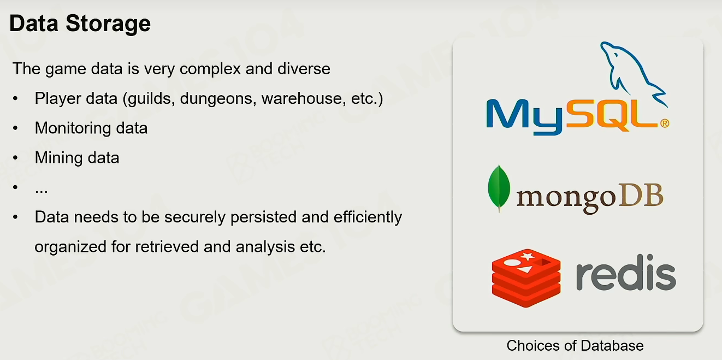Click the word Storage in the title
(x=108, y=24)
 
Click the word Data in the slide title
(x=34, y=23)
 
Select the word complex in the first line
(x=210, y=69)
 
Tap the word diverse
(x=304, y=69)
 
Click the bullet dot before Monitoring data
(x=15, y=128)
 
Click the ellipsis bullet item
(x=42, y=191)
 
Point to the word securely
(x=195, y=217)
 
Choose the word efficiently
(x=368, y=217)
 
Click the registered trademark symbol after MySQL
(x=665, y=123)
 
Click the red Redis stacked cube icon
(x=526, y=278)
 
